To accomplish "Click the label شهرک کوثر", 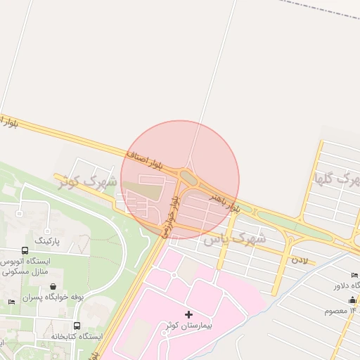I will tap(83, 181).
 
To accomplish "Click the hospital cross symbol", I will tap(188, 314).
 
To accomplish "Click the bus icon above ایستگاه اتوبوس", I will tap(25, 250).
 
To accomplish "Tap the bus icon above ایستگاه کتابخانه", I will tap(77, 326).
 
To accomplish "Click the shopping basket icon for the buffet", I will tap(54, 286).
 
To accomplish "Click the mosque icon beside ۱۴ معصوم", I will tap(352, 300).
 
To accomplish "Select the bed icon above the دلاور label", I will tap(354, 274).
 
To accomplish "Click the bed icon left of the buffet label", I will tap(11, 302).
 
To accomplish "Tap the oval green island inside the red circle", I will tap(188, 176).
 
